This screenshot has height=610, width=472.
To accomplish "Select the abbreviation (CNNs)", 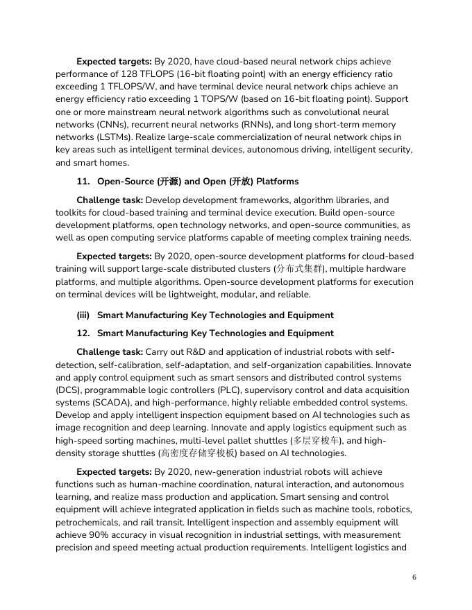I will pos(77,124).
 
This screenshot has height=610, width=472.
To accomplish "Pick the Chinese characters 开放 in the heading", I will pos(236,182).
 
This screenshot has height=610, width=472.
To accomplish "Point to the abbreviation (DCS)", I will pos(69,390).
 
